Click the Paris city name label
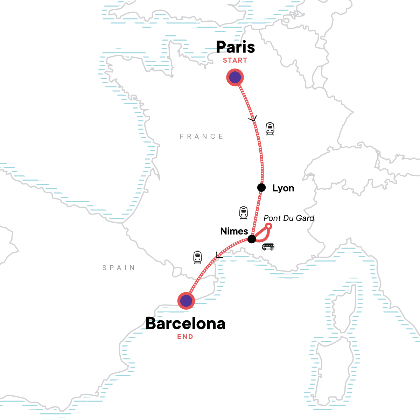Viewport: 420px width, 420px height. [235, 47]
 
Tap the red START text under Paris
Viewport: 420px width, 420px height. [235, 60]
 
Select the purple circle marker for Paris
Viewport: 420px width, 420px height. [235, 77]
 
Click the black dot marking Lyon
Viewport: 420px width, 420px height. [261, 188]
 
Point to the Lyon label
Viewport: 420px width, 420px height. [283, 188]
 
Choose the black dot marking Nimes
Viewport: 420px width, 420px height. [252, 239]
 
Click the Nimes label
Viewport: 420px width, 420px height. [234, 231]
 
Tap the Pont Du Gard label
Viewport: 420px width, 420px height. [289, 218]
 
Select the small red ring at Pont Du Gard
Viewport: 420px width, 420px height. [269, 226]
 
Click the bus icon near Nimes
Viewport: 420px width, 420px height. [268, 247]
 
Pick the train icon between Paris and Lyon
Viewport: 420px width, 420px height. [270, 128]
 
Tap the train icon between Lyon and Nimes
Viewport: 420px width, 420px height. [244, 213]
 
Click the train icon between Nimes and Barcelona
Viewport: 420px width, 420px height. [198, 257]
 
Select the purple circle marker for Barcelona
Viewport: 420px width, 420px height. [186, 301]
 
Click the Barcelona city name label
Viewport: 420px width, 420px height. [185, 323]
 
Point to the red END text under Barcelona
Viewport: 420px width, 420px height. [185, 337]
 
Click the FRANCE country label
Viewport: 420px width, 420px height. [202, 136]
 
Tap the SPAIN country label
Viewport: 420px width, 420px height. [119, 268]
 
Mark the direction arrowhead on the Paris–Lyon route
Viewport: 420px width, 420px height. [252, 119]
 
